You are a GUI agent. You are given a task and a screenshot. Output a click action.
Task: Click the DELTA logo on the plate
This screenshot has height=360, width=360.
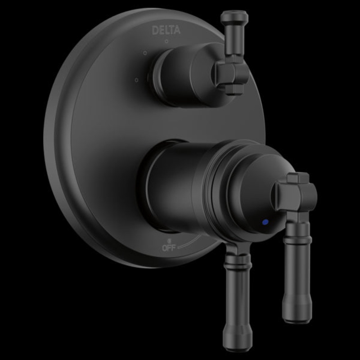(166, 30)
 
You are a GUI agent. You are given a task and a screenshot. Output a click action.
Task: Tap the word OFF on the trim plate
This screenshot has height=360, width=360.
(169, 248)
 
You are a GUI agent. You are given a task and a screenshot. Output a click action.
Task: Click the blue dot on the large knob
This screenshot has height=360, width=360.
(265, 222)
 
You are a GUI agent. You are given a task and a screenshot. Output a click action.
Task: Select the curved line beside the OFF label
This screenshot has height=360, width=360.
(190, 242)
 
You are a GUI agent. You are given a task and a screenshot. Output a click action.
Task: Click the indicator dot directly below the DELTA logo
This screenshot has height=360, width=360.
(166, 41)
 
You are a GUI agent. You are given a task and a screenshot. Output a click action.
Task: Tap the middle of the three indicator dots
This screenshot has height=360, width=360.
(145, 53)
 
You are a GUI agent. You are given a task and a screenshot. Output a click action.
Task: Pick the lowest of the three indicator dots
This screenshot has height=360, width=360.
(137, 80)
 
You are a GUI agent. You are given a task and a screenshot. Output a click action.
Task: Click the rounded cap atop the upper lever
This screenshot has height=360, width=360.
(234, 16)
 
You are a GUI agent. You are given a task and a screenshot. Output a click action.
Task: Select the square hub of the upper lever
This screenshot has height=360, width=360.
(232, 73)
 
